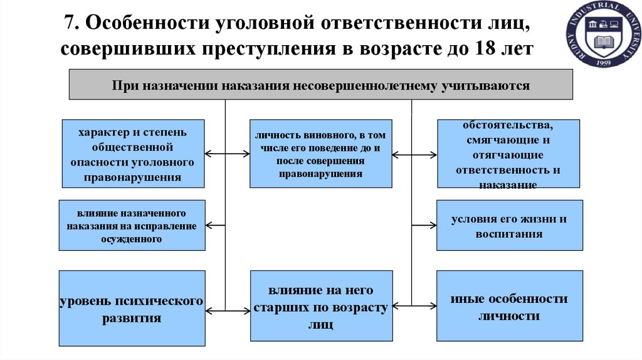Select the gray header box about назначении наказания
tap(320, 85)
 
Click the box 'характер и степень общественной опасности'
tap(132, 154)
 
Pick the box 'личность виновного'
tap(320, 154)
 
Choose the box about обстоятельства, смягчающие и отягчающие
tap(508, 154)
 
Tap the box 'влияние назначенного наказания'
tap(132, 225)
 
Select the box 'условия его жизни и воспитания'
tap(508, 226)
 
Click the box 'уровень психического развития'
tap(132, 308)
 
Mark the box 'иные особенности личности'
tap(508, 307)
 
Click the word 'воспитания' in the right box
tap(508, 234)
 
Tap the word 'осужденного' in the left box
tap(132, 239)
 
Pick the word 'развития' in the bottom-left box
tap(132, 318)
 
